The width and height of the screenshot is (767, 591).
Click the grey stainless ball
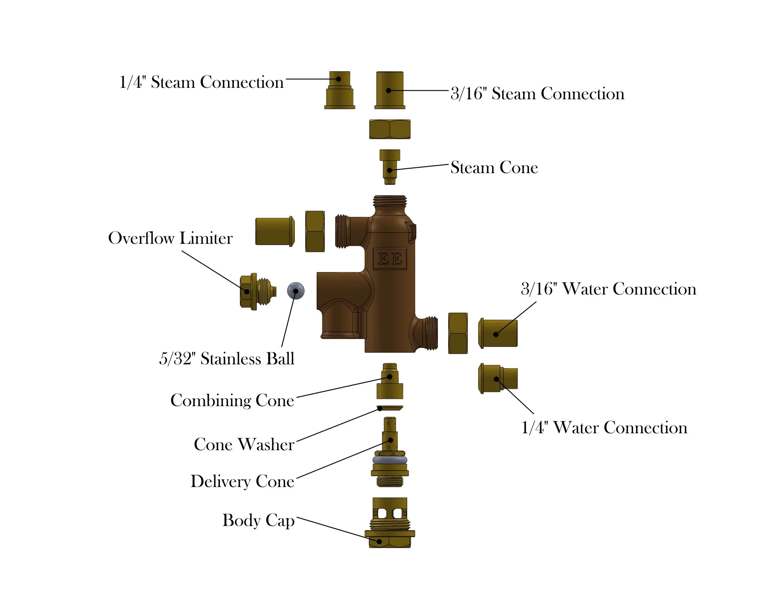pos(296,291)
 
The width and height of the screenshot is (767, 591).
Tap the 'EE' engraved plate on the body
pos(389,259)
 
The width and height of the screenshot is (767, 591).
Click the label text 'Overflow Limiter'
pos(170,238)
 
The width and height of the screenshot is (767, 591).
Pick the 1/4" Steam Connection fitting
pos(339,90)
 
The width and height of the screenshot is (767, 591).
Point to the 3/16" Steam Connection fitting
pos(390,90)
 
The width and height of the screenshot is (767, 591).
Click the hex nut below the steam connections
pos(389,129)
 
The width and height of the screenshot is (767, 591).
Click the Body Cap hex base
pos(389,541)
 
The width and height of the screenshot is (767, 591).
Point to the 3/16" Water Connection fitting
pos(498,333)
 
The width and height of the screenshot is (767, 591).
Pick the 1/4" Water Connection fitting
pos(498,379)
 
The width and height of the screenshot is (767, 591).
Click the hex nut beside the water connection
pos(458,333)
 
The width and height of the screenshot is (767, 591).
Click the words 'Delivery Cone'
pos(242,481)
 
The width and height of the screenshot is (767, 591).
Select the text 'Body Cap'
pos(258,520)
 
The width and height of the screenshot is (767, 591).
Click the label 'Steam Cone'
pos(494,168)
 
